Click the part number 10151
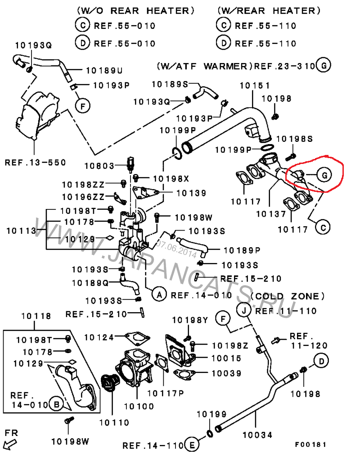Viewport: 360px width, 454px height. click(255, 85)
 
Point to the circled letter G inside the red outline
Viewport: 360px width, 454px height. click(324, 174)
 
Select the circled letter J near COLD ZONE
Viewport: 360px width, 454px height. click(243, 310)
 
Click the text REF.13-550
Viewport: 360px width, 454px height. click(35, 162)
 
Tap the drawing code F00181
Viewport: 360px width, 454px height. click(310, 445)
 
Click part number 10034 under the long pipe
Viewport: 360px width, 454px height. click(257, 435)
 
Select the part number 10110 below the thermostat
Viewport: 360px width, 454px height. click(114, 422)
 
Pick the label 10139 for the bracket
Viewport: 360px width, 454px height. click(191, 193)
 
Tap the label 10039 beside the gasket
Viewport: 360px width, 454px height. click(227, 373)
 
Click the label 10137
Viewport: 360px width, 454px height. click(271, 214)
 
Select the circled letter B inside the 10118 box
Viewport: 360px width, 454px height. click(56, 405)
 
